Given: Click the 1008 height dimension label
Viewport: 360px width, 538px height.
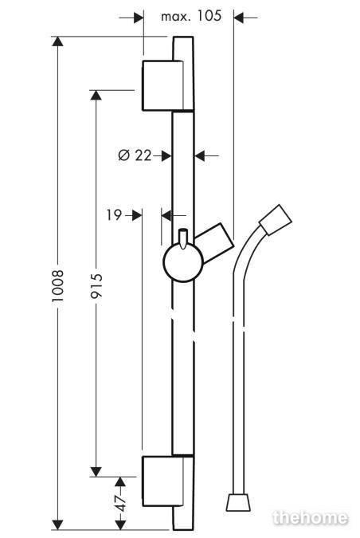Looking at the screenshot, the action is pos(58,286).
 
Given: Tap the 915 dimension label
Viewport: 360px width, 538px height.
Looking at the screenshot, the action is pos(96,285).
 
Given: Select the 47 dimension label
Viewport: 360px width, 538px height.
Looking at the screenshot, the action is pos(121,503).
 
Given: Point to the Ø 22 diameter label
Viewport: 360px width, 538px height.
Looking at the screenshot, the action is pos(135,155).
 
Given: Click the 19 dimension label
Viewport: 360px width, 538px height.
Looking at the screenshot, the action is pos(114,215).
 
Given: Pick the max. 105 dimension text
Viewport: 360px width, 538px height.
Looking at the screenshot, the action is pos(191,16).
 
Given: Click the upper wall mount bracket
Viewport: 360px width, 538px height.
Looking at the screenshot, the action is pos(162,86).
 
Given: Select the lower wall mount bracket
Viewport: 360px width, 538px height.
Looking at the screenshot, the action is pos(162,481).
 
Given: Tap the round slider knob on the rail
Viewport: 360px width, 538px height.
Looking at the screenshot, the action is pos(183,262).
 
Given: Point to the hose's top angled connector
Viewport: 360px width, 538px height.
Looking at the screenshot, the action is pos(276,220).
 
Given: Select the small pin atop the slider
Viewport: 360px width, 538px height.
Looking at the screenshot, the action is pos(183,238).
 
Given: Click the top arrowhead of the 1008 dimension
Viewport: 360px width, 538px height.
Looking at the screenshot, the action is pos(58,41).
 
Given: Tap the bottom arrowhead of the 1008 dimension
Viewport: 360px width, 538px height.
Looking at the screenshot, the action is pos(58,524).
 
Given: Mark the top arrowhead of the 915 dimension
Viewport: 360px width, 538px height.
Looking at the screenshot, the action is pos(96,95).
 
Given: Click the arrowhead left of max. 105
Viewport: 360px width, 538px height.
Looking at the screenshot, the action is pos(138,18).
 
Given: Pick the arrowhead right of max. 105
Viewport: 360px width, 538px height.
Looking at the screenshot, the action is pos(239,18).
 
